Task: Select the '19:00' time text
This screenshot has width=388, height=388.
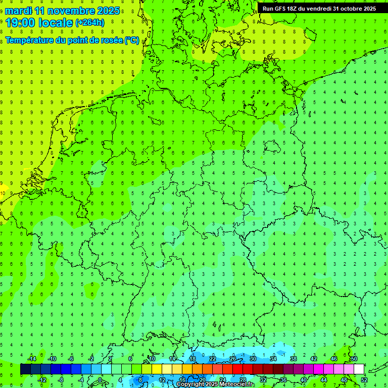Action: click(22, 23)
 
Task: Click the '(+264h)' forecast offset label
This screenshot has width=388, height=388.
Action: click(90, 23)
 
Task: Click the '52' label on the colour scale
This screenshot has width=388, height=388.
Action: click(364, 379)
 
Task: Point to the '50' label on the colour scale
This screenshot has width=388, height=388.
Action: click(354, 359)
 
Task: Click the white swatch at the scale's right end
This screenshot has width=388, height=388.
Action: click(359, 369)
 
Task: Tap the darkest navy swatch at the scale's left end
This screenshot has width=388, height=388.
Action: click(25, 369)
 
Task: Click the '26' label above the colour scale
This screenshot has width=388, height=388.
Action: click(232, 359)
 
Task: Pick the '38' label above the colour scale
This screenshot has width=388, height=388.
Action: click(293, 359)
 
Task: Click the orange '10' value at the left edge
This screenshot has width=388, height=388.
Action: click(3, 193)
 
